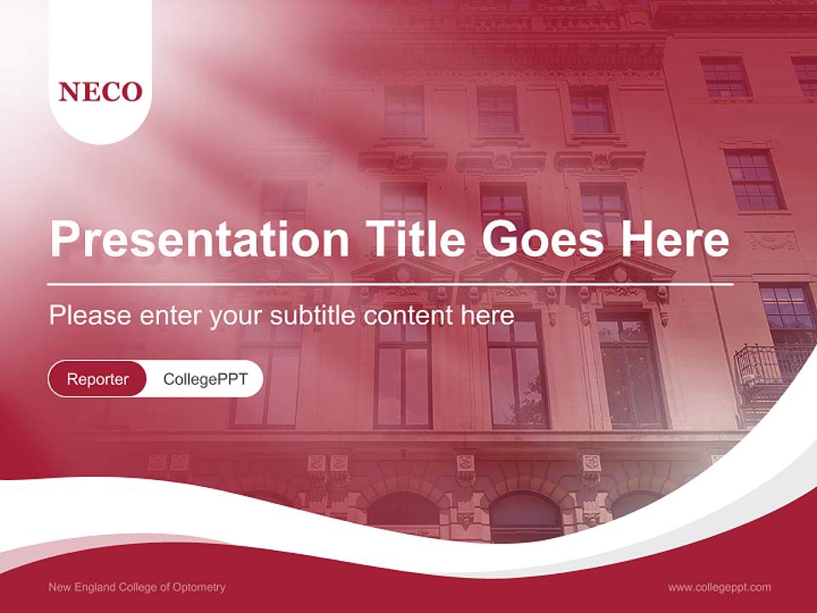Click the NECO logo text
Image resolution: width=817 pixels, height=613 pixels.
coord(100,92)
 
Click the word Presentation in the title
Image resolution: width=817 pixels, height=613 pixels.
coord(199,240)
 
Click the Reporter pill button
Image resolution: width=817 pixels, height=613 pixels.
coord(98,379)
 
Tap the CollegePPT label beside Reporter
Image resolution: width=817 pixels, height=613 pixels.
coord(205,379)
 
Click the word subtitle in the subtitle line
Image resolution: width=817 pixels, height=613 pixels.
coord(313,316)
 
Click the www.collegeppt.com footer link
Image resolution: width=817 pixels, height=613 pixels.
coord(719,587)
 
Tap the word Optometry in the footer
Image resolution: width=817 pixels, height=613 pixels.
coord(199,587)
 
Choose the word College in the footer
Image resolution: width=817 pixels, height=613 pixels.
coord(140,587)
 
